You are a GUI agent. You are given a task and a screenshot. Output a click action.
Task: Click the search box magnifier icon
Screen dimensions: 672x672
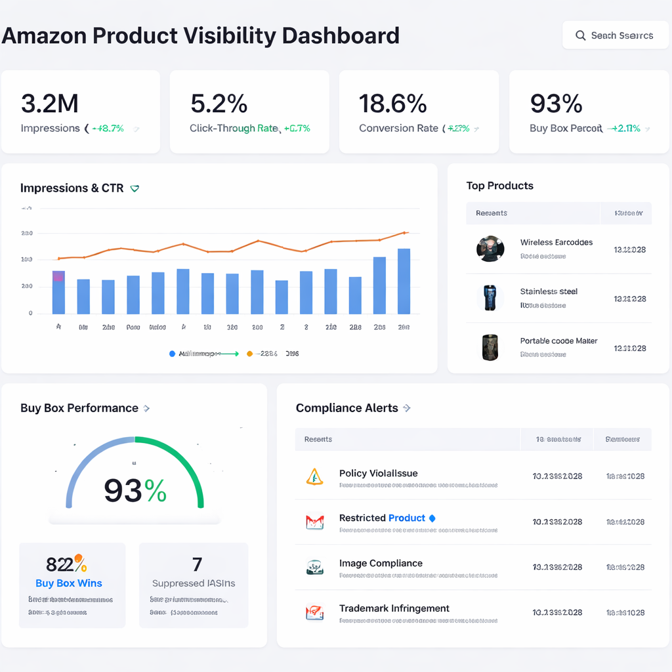tap(580, 35)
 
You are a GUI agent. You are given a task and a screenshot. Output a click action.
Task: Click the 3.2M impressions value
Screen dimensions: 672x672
tap(49, 104)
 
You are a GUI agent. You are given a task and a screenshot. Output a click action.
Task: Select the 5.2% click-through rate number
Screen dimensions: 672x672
tap(219, 104)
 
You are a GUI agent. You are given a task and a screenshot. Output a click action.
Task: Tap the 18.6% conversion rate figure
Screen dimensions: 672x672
tap(392, 104)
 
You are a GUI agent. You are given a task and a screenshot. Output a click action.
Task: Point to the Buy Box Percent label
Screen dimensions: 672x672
tap(566, 129)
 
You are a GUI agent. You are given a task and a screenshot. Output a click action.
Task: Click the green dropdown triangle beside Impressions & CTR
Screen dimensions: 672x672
tap(135, 189)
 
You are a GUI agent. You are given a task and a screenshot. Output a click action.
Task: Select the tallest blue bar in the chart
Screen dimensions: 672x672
tap(404, 281)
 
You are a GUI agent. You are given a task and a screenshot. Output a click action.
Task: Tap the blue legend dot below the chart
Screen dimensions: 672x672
tap(173, 354)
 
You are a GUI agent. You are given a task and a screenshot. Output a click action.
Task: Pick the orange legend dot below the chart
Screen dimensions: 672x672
tap(249, 354)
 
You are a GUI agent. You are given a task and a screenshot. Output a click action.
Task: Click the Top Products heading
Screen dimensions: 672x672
tap(499, 186)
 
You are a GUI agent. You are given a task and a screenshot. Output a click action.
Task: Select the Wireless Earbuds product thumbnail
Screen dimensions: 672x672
tap(490, 249)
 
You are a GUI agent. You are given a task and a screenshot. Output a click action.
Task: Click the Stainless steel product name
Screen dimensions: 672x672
tap(549, 291)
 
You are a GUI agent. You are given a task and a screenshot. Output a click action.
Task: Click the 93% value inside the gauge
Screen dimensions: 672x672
tap(135, 490)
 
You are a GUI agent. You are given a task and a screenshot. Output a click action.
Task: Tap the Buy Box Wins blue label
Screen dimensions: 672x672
tap(69, 583)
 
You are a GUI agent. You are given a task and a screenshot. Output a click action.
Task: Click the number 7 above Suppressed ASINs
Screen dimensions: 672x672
tap(197, 564)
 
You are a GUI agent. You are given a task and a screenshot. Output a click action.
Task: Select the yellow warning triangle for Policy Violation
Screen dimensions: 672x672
tap(315, 476)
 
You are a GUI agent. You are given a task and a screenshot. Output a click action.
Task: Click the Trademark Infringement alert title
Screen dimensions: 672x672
tap(394, 608)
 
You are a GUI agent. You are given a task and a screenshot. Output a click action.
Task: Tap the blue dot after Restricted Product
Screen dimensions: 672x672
tap(432, 518)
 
